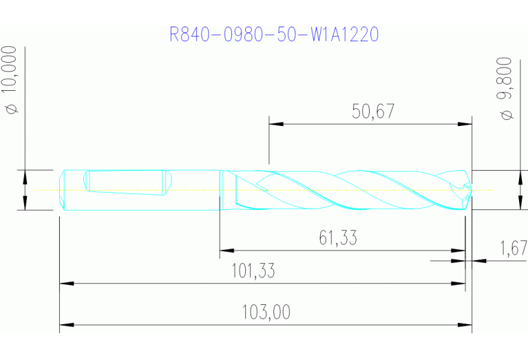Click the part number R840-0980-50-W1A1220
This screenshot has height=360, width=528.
point(273,34)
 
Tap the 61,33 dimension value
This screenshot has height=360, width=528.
point(338,238)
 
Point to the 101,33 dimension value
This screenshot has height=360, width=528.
point(252,271)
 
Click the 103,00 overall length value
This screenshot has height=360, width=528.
point(266,313)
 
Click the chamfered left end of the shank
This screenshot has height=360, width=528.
point(63,189)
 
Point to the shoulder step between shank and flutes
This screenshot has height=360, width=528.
point(220,189)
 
